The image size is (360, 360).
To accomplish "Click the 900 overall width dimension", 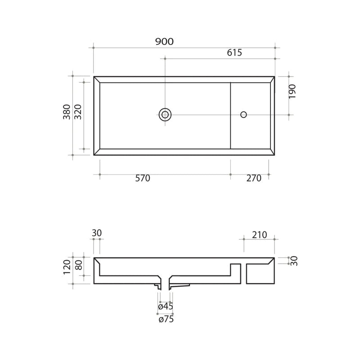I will (x=164, y=42).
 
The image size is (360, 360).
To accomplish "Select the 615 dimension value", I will (x=234, y=53).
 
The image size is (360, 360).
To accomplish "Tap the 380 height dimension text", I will (x=67, y=112).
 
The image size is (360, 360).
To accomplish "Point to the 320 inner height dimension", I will (x=77, y=112).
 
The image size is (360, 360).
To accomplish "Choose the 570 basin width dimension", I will (x=142, y=179).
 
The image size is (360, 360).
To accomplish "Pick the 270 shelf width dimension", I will (x=254, y=179).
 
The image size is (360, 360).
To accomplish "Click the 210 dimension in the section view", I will (x=260, y=234).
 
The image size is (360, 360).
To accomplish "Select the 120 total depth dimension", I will (x=67, y=267).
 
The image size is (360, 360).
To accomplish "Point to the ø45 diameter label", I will (x=166, y=307).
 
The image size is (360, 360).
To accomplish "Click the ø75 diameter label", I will (x=166, y=319).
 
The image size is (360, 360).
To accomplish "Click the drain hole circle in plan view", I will (x=165, y=114).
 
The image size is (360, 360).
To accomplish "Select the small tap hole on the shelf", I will (x=243, y=114).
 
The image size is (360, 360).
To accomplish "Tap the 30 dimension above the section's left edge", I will (x=97, y=233).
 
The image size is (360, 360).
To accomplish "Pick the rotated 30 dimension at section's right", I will (x=294, y=261).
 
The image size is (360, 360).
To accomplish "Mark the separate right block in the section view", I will (x=260, y=273).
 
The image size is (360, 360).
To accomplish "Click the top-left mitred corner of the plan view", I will (x=97, y=80).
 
